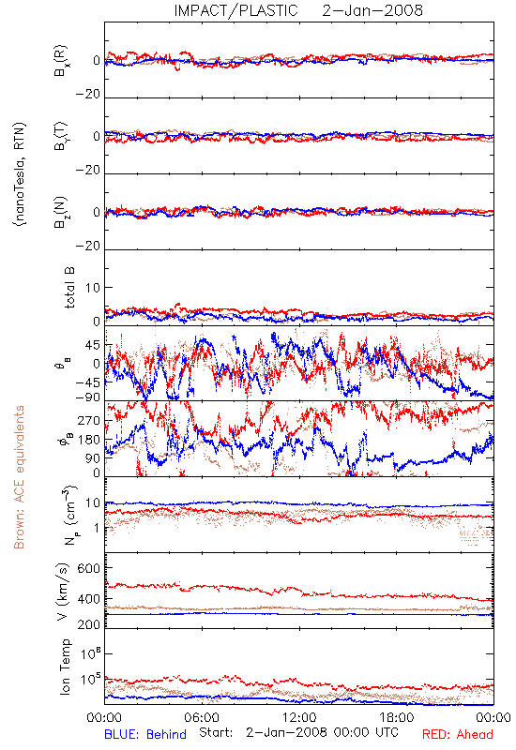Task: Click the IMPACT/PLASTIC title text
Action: (x=235, y=10)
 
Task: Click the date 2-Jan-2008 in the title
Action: (x=372, y=10)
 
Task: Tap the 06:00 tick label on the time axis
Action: (x=202, y=717)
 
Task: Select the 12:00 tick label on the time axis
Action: (x=299, y=717)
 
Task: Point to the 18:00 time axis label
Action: (x=396, y=717)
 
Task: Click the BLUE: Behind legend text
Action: (x=145, y=734)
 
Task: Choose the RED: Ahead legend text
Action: (x=457, y=734)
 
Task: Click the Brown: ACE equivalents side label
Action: (x=19, y=477)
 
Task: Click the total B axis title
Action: (x=69, y=288)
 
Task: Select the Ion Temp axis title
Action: (x=65, y=667)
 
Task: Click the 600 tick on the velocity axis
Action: (x=88, y=568)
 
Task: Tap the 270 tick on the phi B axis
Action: (x=89, y=421)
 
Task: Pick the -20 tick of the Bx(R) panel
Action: (x=87, y=95)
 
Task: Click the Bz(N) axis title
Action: (x=61, y=212)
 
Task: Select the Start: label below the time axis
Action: (x=216, y=733)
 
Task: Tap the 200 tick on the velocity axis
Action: (x=88, y=624)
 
